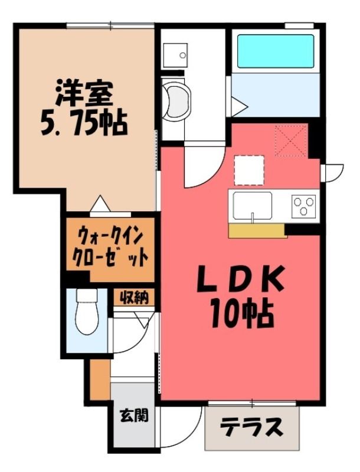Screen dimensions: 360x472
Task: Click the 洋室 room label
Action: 84,92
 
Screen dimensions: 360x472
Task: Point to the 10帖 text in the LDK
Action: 242,314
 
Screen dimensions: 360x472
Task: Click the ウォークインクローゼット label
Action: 110,247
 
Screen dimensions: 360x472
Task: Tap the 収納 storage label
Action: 134,297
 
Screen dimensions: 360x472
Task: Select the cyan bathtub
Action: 276,51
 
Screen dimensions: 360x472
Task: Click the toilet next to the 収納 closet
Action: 87,312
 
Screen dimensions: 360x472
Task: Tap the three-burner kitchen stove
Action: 303,206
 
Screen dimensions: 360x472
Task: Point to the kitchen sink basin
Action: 253,205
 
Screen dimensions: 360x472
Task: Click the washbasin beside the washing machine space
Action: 175,55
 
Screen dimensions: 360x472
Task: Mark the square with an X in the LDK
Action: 290,141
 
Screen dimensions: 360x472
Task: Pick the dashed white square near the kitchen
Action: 249,170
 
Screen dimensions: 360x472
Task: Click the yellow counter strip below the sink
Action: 258,231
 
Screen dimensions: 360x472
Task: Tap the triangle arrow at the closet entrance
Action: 100,204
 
